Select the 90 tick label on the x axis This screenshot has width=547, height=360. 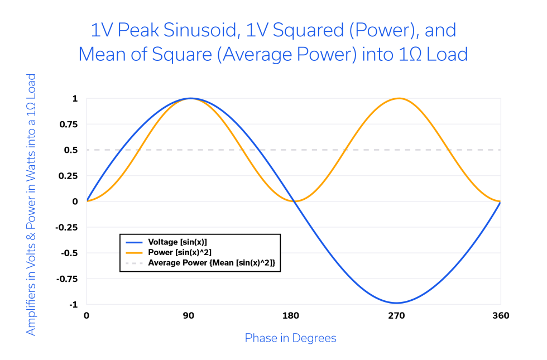tap(189, 316)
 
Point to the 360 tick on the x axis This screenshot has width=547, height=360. tap(500, 316)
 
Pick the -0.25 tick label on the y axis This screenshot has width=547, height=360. tap(66, 227)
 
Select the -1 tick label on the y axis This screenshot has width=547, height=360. tap(73, 305)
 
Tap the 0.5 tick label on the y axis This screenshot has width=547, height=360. tap(71, 150)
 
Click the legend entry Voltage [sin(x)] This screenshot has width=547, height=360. tap(177, 242)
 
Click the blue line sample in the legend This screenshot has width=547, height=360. tap(135, 242)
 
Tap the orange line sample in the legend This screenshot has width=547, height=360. tap(135, 252)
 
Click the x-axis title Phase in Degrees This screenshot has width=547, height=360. tap(290, 338)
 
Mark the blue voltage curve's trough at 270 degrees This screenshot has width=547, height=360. tap(396, 303)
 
